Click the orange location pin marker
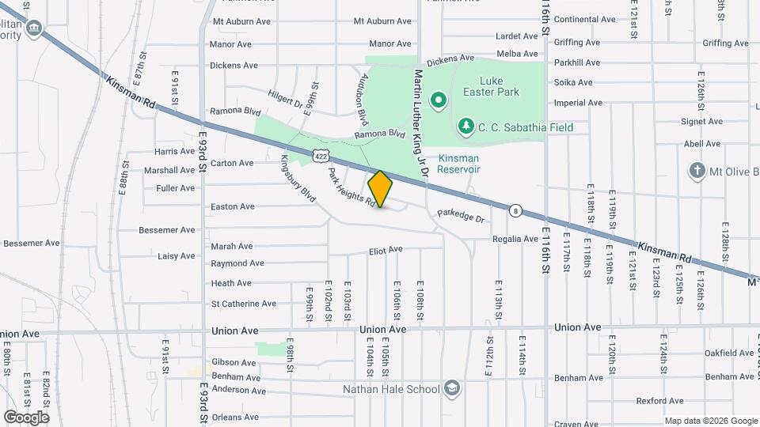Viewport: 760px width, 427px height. [x=381, y=189]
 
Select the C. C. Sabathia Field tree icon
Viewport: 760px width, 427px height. [x=466, y=127]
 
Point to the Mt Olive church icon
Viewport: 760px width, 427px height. [x=697, y=171]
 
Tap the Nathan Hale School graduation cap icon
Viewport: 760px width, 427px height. [x=451, y=388]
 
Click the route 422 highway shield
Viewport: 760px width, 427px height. [x=320, y=157]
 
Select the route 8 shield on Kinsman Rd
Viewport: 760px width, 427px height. [x=516, y=210]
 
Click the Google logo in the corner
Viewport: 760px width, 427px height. [x=26, y=417]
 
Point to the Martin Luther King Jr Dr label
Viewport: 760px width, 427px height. [x=420, y=124]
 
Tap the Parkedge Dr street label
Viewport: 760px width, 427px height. [x=460, y=213]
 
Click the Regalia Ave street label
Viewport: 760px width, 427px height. [x=515, y=238]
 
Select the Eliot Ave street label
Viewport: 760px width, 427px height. [x=386, y=250]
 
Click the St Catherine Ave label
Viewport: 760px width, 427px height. [x=243, y=304]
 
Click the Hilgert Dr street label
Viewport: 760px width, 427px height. [x=286, y=98]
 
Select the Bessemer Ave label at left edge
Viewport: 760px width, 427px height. [x=32, y=243]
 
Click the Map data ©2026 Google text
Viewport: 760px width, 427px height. [x=710, y=421]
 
